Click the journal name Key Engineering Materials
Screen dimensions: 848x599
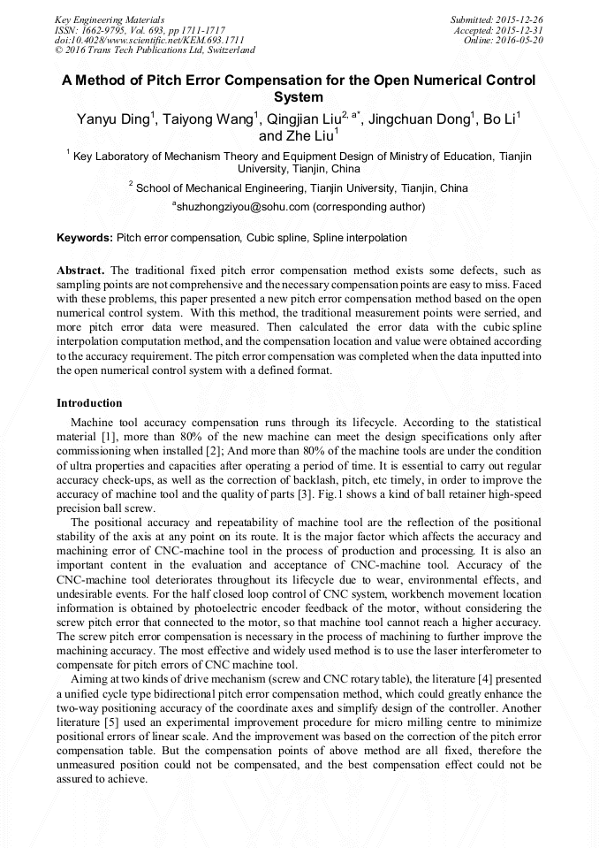(110, 19)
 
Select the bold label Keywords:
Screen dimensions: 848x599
(84, 238)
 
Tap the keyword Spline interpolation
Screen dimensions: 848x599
(360, 238)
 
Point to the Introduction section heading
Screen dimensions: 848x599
(89, 403)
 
